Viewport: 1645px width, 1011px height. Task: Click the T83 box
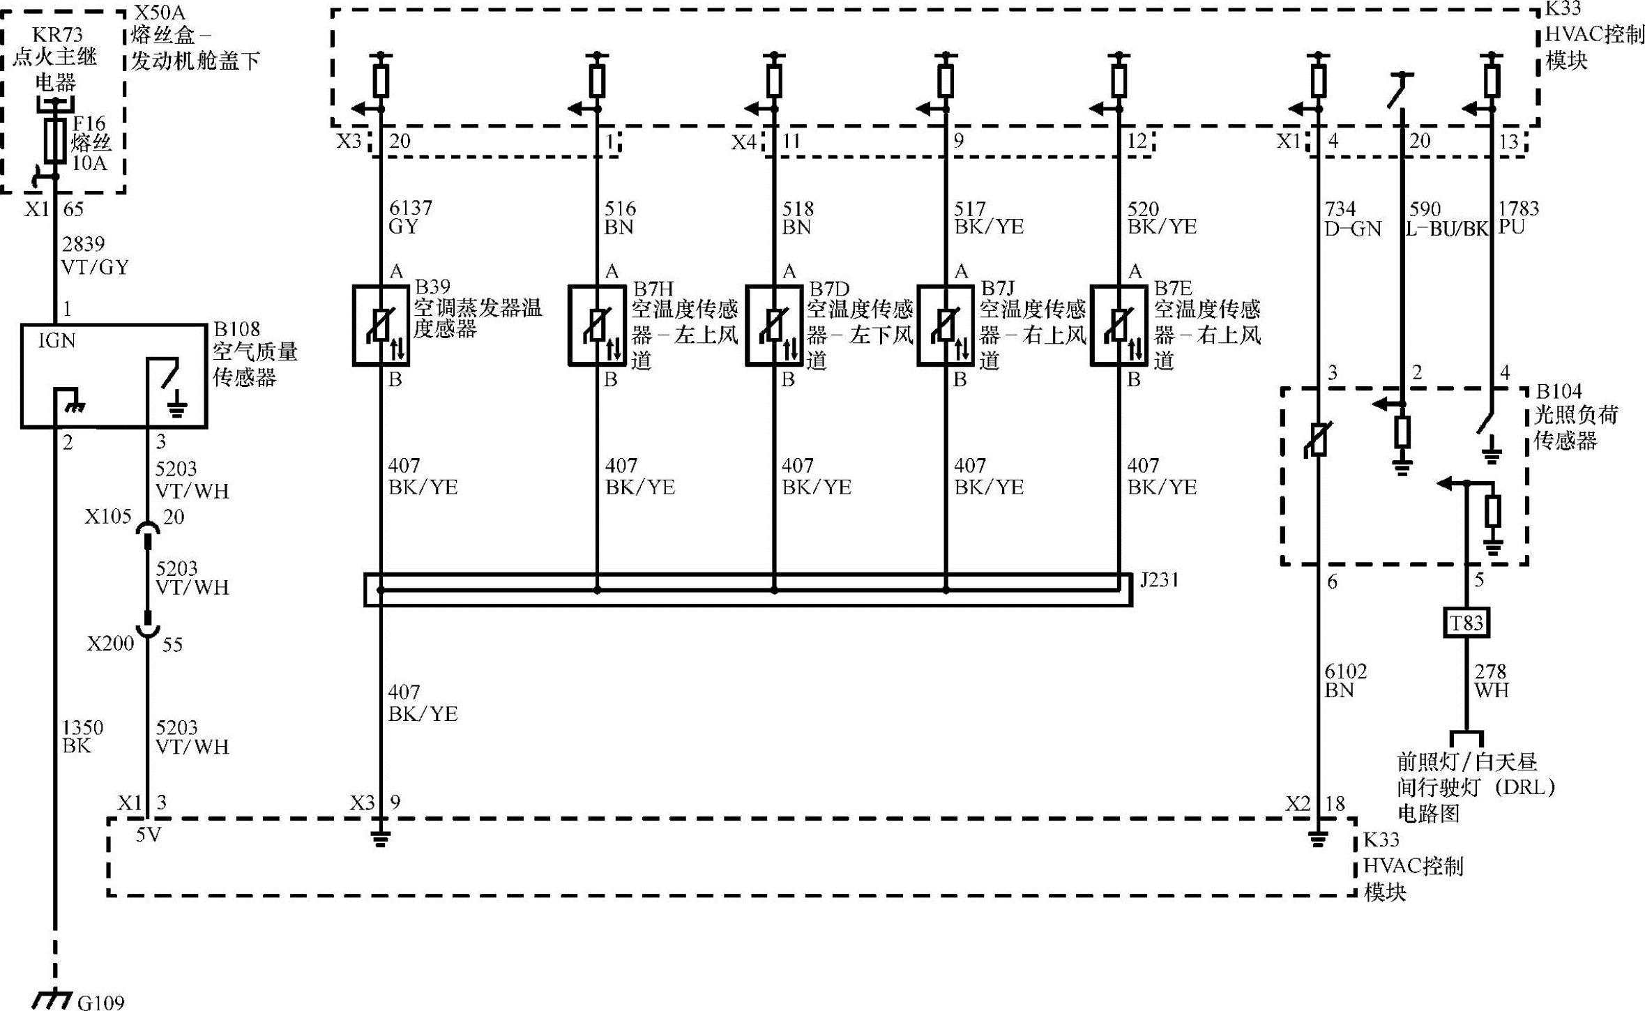pyautogui.click(x=1466, y=623)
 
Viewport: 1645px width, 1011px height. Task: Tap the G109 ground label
pyautogui.click(x=100, y=1003)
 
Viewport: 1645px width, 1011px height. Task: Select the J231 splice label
pyautogui.click(x=1159, y=580)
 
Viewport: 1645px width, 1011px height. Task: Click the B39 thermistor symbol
pyautogui.click(x=381, y=325)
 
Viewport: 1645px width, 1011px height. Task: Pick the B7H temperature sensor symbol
pyautogui.click(x=596, y=325)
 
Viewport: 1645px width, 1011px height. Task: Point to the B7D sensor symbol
pyautogui.click(x=773, y=325)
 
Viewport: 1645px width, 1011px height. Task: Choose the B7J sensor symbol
pyautogui.click(x=945, y=325)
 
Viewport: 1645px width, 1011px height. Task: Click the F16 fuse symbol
pyautogui.click(x=55, y=139)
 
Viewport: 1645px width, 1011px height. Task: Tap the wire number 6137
pyautogui.click(x=410, y=208)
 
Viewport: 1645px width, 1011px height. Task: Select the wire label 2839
pyautogui.click(x=83, y=244)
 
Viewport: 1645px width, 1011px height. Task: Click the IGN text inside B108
pyautogui.click(x=56, y=340)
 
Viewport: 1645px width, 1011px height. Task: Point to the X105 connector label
pyautogui.click(x=107, y=517)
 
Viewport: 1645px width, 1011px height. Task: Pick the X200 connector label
pyautogui.click(x=109, y=643)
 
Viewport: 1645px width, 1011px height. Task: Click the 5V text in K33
pyautogui.click(x=148, y=834)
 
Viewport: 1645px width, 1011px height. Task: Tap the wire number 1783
pyautogui.click(x=1518, y=208)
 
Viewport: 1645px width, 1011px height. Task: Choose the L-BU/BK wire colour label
pyautogui.click(x=1446, y=229)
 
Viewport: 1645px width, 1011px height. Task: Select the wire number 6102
pyautogui.click(x=1346, y=671)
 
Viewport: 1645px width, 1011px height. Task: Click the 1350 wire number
pyautogui.click(x=82, y=728)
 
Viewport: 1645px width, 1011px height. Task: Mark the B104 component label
pyautogui.click(x=1559, y=391)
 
